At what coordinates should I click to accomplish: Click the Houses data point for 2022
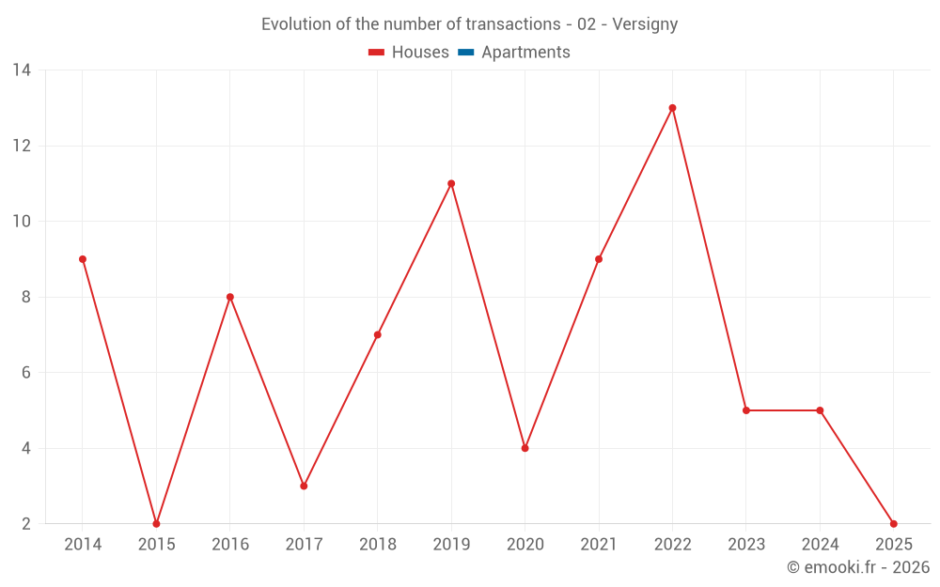point(672,108)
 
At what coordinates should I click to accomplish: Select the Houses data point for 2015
point(156,523)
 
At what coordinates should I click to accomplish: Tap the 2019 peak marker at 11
point(451,183)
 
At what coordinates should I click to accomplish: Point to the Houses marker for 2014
point(83,259)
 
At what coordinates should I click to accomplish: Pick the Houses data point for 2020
point(525,448)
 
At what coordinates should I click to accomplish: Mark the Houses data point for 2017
point(304,486)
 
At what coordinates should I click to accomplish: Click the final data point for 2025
point(893,523)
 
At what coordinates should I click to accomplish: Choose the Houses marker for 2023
point(746,410)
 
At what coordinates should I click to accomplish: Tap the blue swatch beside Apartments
point(465,53)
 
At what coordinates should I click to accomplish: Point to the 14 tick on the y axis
point(22,70)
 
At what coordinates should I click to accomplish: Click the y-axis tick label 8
point(26,297)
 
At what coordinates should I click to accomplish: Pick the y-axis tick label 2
point(26,523)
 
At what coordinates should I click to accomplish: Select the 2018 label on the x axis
point(377,545)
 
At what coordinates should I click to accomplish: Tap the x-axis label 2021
point(599,545)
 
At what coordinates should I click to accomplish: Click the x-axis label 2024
point(820,545)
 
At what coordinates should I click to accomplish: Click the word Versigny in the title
point(645,24)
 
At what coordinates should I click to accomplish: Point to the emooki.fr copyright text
point(858,567)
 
